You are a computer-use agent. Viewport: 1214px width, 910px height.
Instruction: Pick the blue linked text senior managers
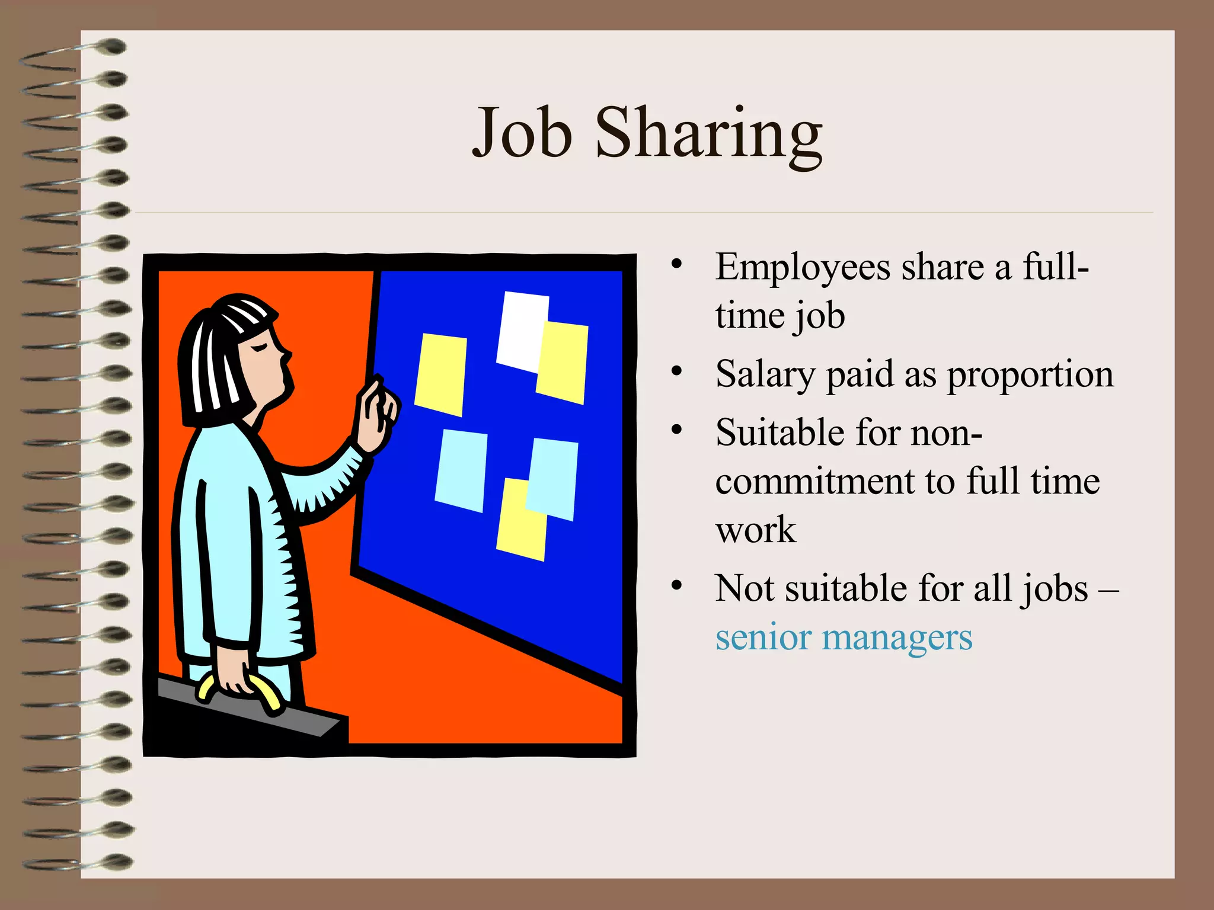pyautogui.click(x=844, y=638)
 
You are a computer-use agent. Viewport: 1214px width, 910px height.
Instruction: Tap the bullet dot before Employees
pyautogui.click(x=677, y=265)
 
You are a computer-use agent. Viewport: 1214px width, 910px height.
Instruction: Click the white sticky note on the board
pyautogui.click(x=520, y=329)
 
